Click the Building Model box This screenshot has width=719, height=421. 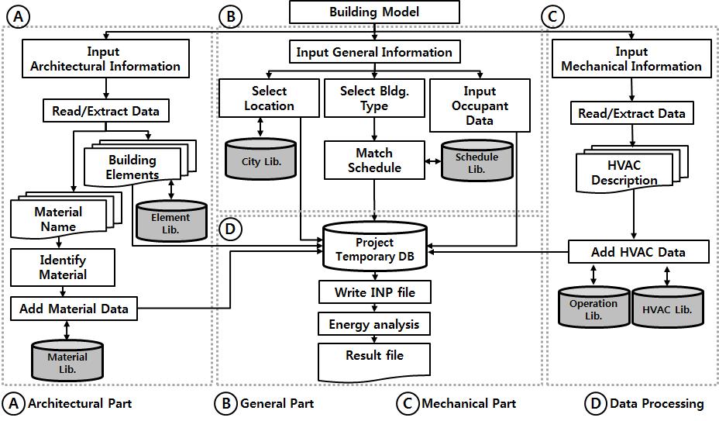tap(374, 12)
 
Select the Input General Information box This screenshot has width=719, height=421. tap(374, 53)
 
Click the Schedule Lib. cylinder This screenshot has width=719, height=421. tap(476, 160)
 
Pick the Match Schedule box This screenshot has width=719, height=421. tap(374, 160)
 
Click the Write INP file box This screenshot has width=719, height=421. tap(374, 293)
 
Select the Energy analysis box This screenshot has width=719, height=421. tap(374, 324)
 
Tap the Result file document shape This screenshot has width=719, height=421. tap(374, 357)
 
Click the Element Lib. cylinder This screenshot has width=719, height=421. tap(170, 221)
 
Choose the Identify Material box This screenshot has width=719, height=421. tap(63, 267)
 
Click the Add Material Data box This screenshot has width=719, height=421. tap(74, 309)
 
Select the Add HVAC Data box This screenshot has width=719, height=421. tap(638, 252)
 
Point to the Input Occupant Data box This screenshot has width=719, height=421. tap(480, 106)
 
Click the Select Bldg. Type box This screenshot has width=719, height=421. tap(374, 98)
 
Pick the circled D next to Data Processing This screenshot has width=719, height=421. tap(597, 403)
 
